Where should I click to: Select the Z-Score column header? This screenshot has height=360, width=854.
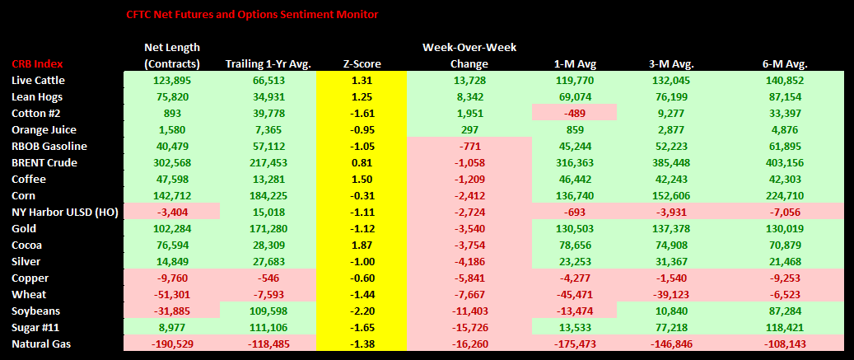(362, 64)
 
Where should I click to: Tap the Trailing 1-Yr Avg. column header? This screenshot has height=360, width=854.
(267, 64)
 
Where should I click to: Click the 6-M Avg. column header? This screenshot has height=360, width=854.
(785, 64)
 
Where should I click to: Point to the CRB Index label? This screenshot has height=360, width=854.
(37, 64)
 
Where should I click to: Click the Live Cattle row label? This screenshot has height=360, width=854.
(39, 80)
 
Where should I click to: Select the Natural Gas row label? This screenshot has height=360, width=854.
(40, 344)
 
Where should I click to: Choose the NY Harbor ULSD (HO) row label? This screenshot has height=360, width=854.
(61, 212)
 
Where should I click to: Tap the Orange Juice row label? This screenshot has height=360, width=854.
(44, 129)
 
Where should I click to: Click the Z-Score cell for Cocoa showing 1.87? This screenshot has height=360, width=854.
(362, 245)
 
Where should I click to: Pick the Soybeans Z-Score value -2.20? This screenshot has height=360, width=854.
(362, 311)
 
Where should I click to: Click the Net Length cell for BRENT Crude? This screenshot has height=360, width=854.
(171, 162)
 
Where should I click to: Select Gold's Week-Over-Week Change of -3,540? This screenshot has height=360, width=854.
(469, 228)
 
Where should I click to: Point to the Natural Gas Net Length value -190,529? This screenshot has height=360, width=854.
(171, 344)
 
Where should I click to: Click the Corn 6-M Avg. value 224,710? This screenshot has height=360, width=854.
(785, 195)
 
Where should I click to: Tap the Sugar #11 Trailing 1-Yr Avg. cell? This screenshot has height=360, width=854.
(267, 327)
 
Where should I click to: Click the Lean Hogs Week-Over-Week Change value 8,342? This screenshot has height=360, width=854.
(469, 96)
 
